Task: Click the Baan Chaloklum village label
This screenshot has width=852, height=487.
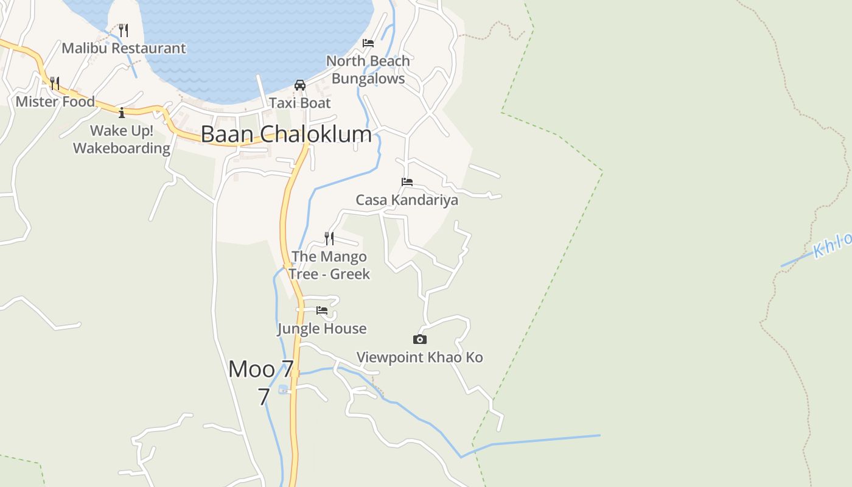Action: [x=286, y=135]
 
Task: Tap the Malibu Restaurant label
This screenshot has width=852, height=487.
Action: [x=124, y=48]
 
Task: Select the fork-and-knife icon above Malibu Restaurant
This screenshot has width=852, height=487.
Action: [x=124, y=30]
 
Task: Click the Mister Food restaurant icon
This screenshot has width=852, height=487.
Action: [x=55, y=83]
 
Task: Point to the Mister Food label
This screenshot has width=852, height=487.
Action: [x=55, y=102]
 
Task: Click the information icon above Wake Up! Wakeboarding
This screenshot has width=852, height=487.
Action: [x=122, y=113]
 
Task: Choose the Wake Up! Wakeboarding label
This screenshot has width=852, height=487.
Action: [x=122, y=139]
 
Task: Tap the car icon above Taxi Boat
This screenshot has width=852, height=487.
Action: [x=300, y=85]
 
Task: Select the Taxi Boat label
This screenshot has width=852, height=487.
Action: [x=300, y=103]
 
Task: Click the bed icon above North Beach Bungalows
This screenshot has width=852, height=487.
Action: [x=368, y=43]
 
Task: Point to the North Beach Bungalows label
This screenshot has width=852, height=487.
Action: [x=368, y=70]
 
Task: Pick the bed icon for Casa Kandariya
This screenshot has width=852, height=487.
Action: [x=407, y=181]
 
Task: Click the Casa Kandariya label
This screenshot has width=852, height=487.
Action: [x=407, y=200]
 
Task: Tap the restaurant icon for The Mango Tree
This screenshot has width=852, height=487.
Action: [x=329, y=238]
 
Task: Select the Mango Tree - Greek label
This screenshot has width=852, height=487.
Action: [x=329, y=265]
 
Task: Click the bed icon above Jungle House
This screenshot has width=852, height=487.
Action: [x=322, y=310]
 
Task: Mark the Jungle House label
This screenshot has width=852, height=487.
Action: [x=322, y=329]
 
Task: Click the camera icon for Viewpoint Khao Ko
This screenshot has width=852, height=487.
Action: [x=419, y=339]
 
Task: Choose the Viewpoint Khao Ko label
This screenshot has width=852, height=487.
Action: [x=419, y=357]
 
